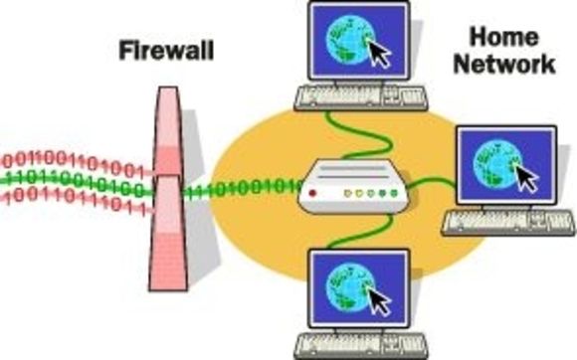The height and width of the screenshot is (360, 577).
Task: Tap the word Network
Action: pos(510,65)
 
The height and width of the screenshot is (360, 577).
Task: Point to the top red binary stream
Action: pos(75,162)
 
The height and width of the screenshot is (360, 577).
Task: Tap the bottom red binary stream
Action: pos(75,200)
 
